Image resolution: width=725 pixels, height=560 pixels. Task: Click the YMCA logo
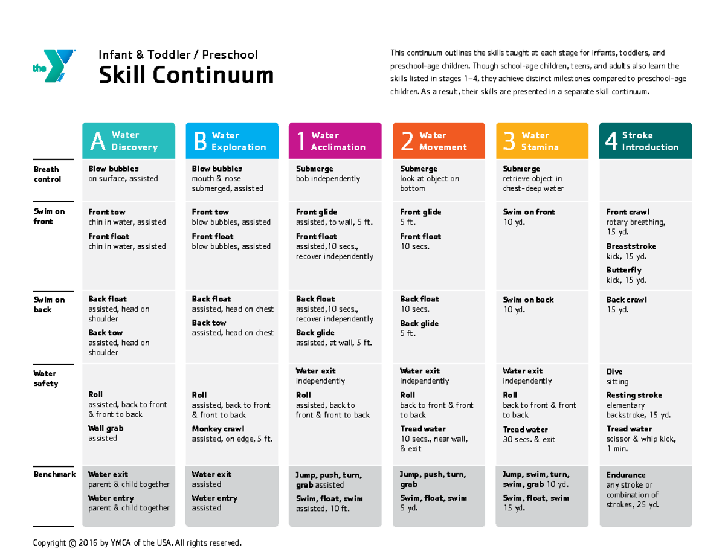(x=54, y=65)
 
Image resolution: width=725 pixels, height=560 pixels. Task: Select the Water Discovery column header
(x=129, y=141)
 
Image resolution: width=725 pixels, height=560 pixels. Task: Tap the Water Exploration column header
(x=233, y=141)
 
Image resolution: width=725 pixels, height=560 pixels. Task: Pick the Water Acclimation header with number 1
(x=335, y=141)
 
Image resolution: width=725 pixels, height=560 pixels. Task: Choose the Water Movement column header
(x=439, y=141)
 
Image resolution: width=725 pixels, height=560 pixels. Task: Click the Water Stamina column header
(x=542, y=141)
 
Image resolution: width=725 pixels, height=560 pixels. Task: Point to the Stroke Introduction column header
(x=645, y=141)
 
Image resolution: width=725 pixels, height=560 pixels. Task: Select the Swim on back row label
(x=49, y=304)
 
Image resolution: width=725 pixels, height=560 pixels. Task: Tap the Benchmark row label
(x=54, y=475)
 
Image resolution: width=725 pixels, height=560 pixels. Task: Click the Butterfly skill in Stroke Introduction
(x=624, y=271)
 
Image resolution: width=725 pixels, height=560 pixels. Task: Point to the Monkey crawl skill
(x=218, y=429)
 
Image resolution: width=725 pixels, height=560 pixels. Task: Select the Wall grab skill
(x=106, y=428)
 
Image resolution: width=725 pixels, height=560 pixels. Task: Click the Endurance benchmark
(x=626, y=475)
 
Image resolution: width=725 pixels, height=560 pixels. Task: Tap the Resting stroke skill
(x=634, y=396)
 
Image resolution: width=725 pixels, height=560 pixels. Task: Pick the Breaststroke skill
(x=631, y=246)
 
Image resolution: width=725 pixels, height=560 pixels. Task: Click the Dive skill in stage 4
(x=614, y=372)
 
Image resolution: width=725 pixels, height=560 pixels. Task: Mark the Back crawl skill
(x=627, y=300)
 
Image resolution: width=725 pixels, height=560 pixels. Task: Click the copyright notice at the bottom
(x=138, y=543)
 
